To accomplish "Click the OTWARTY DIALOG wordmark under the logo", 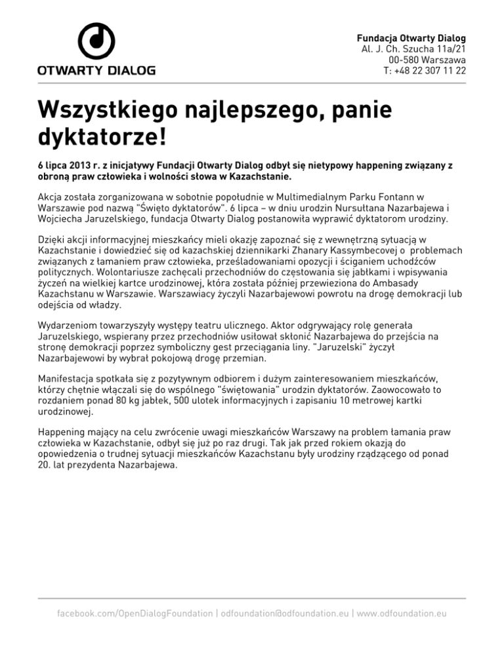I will pos(96,69).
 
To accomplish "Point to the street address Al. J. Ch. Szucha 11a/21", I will pos(414,48).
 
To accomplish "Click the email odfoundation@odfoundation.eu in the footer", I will pos(285,613).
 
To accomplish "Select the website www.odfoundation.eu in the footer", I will pos(402,613).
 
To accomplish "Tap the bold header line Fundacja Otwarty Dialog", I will pos(411,37).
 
